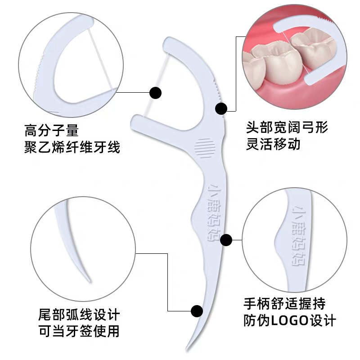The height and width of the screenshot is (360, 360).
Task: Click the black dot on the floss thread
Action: click(155, 93)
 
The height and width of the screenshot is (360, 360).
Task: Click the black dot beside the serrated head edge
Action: click(221, 108)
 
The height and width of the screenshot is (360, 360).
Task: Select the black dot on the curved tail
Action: click(197, 310)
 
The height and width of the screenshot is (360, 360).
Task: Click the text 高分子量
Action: click(51, 132)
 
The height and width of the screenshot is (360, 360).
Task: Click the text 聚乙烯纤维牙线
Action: click(72, 147)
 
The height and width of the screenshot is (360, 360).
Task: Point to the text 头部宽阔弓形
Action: click(287, 127)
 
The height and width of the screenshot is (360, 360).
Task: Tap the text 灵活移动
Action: click(273, 144)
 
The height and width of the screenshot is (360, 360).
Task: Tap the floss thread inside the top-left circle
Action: click(102, 58)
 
